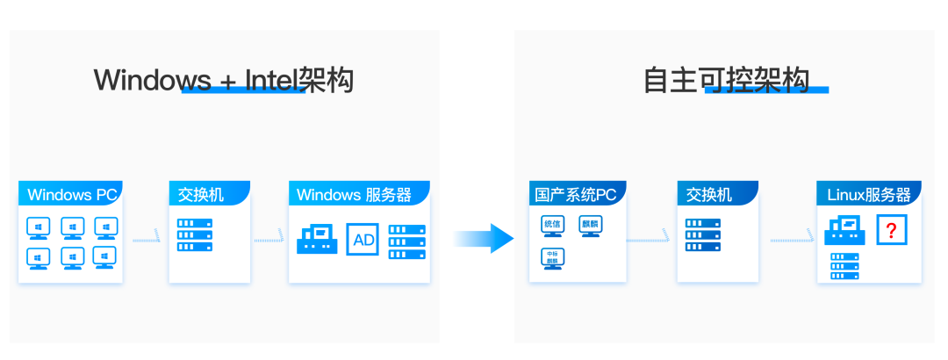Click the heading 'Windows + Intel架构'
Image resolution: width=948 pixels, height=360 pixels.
point(223,80)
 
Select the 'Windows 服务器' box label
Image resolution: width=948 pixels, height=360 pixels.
point(359,194)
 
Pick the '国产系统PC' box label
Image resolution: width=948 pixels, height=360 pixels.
point(576,194)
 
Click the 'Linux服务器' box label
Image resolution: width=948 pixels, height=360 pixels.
point(868,194)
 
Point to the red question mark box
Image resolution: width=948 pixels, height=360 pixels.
point(892,231)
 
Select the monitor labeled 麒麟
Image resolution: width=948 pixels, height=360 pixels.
point(592,226)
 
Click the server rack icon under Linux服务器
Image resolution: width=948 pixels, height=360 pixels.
point(844,265)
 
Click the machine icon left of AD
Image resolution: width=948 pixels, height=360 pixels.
point(317,239)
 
